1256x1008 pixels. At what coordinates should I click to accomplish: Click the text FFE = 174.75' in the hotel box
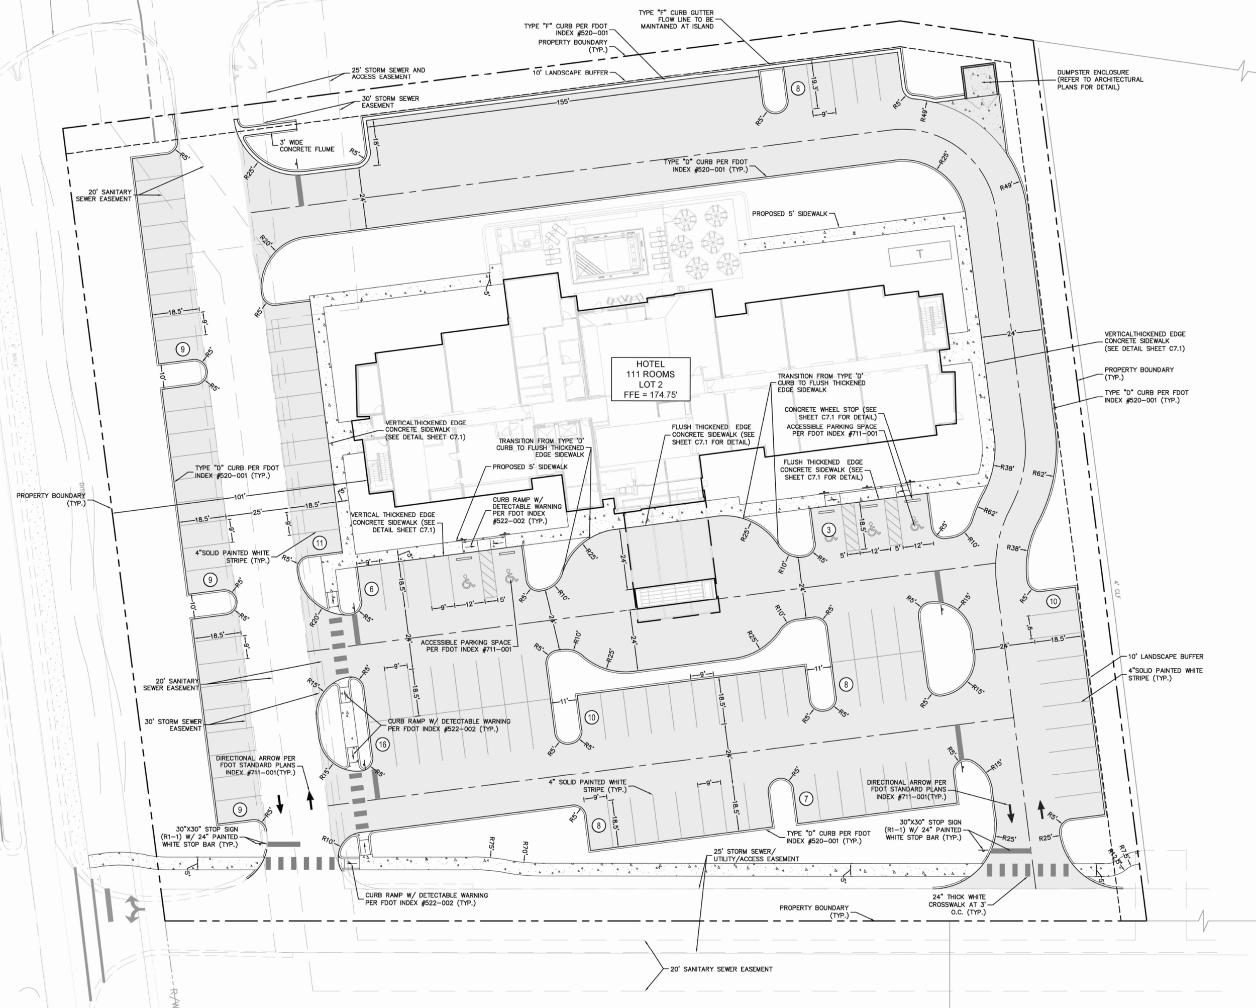[x=650, y=395]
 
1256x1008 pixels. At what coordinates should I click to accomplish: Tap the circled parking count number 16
[x=382, y=744]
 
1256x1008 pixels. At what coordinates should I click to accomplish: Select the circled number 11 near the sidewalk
[x=319, y=543]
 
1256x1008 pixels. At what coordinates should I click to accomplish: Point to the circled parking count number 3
[x=828, y=530]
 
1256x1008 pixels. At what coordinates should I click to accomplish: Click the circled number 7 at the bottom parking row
[x=806, y=799]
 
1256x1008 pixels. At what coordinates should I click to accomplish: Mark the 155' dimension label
[x=562, y=102]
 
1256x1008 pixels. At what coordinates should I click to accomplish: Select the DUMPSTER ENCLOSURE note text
[x=1100, y=80]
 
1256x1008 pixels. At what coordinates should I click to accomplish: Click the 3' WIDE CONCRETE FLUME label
[x=306, y=146]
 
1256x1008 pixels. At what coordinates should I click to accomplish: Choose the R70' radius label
[x=526, y=847]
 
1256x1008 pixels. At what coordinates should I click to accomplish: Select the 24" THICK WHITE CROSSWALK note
[x=958, y=904]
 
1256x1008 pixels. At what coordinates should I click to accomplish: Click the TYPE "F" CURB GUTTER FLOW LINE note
[x=676, y=19]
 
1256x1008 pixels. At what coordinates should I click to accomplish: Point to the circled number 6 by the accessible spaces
[x=372, y=589]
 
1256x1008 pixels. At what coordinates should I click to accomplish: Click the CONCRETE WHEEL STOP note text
[x=829, y=413]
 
